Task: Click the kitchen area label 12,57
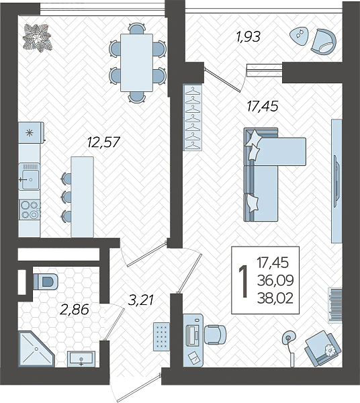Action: click(103, 142)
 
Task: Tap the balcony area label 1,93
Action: click(249, 36)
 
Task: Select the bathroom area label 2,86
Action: click(75, 309)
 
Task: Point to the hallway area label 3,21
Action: click(141, 300)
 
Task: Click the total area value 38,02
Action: click(275, 298)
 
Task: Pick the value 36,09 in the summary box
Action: click(275, 280)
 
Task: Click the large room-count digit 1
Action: click(243, 281)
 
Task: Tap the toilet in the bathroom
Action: click(45, 281)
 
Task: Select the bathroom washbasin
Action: click(81, 359)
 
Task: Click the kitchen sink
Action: click(30, 177)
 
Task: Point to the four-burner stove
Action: click(30, 210)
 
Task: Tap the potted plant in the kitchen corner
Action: click(38, 38)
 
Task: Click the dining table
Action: click(137, 62)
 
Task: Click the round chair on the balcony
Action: click(324, 42)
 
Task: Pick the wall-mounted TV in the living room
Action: click(336, 181)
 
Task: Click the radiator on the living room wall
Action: click(335, 305)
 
